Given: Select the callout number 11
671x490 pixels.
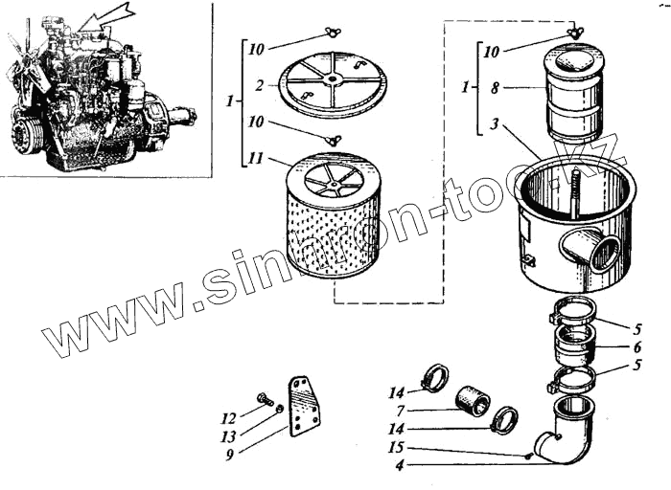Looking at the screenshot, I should [x=255, y=161].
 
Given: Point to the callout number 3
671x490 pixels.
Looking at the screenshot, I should [x=494, y=123].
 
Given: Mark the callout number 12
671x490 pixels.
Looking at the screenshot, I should [x=227, y=417].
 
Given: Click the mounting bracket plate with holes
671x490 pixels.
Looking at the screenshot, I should [x=304, y=407].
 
